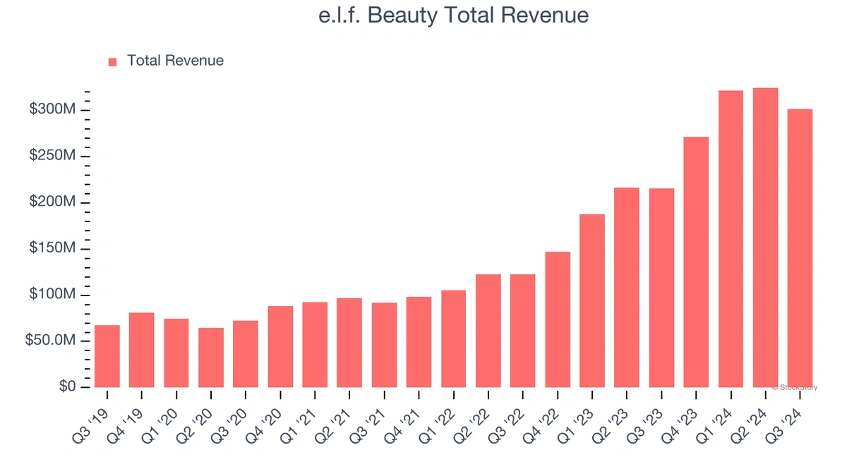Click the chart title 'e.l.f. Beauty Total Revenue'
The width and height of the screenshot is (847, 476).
(x=453, y=16)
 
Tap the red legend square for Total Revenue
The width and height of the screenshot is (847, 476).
(x=112, y=62)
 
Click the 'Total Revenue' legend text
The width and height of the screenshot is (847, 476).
(x=175, y=61)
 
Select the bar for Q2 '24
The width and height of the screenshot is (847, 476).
(x=765, y=238)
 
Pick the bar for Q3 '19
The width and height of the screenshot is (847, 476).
(x=107, y=356)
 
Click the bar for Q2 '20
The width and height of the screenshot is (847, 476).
(x=211, y=358)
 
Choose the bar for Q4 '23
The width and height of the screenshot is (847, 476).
(x=696, y=262)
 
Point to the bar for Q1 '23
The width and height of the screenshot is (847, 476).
(x=592, y=300)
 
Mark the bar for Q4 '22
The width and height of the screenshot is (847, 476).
(x=558, y=319)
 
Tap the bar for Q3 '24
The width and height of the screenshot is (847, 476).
(x=800, y=248)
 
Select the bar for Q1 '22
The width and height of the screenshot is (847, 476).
(x=453, y=338)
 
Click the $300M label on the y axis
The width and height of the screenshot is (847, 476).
(x=52, y=110)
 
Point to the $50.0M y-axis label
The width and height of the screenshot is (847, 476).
(x=49, y=341)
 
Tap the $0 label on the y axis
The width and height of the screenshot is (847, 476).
(x=67, y=387)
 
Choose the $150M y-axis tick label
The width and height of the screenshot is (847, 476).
(x=52, y=249)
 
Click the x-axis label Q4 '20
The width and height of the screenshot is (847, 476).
(x=271, y=415)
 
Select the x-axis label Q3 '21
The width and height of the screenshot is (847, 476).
(x=375, y=415)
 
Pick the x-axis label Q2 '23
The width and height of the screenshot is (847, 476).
(x=617, y=415)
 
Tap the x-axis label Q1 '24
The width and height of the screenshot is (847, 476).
(x=721, y=415)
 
